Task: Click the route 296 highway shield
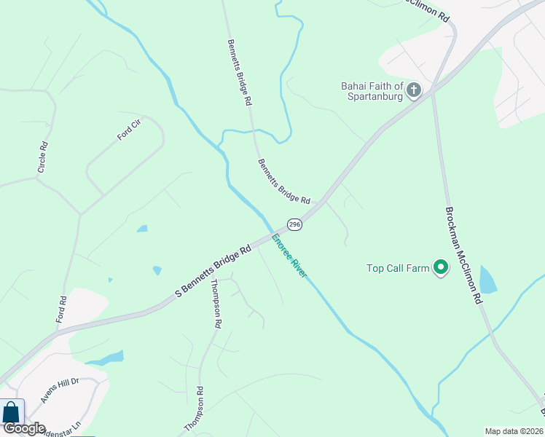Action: coord(294,225)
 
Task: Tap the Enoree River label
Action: coord(289,256)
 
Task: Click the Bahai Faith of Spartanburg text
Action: coord(372,92)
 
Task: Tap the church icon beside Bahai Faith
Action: coord(414,90)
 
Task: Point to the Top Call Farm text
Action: coord(398,268)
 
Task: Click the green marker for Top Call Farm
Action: coord(440,268)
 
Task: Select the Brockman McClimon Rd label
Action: coord(463,255)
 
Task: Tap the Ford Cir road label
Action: coord(128,130)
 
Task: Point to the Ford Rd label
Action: coord(62,309)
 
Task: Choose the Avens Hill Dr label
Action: coord(59,390)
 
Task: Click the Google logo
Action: coord(23,429)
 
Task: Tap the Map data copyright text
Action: coord(514,431)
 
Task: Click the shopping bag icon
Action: coord(12,412)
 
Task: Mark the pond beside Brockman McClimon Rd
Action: coord(487,280)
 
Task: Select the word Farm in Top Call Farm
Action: coord(418,268)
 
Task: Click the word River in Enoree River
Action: coord(299,268)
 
